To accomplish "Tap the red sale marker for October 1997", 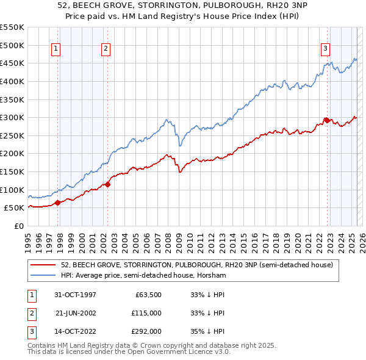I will click(x=58, y=203).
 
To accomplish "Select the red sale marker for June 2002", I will click(x=107, y=184).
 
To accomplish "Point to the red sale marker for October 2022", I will click(x=327, y=120).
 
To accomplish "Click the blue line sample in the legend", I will click(x=43, y=276).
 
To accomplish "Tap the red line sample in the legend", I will click(x=43, y=265).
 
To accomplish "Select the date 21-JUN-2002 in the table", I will click(x=76, y=313).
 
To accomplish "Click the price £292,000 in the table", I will click(x=146, y=331).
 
